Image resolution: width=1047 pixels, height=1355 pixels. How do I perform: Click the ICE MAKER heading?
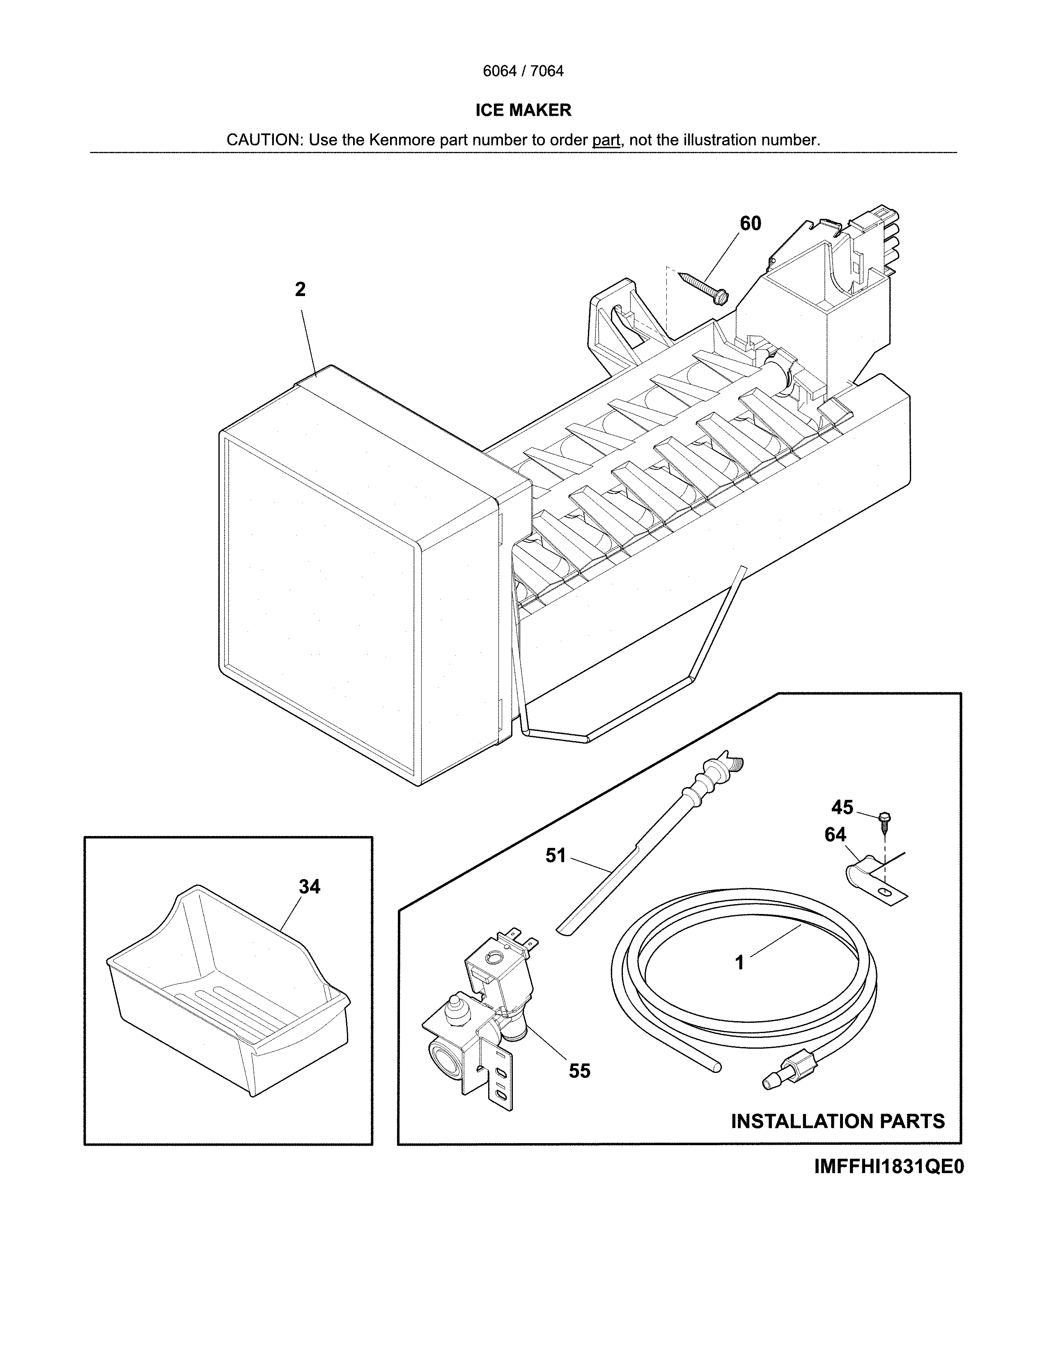[523, 110]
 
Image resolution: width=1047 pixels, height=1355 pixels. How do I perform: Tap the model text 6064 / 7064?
[523, 71]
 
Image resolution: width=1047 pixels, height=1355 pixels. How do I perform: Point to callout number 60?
[750, 223]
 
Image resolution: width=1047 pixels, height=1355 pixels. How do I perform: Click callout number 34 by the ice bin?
[310, 887]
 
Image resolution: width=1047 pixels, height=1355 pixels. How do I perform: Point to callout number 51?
[556, 856]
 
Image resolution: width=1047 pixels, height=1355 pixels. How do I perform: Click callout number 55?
[579, 1071]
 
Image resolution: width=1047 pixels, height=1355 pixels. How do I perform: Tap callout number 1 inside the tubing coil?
[739, 963]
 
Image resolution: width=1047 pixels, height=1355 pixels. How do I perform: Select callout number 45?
[842, 807]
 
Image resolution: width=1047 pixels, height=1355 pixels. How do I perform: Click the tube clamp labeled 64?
[868, 875]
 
